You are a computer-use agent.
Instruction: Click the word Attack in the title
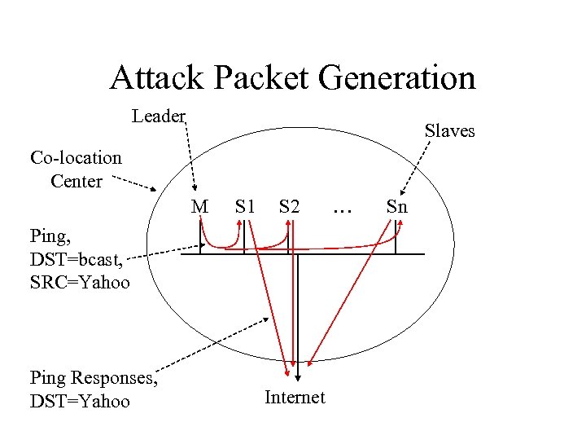coord(150,77)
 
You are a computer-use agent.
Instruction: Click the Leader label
coord(159,117)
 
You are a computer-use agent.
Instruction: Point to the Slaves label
coord(449,130)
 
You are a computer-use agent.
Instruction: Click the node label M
coord(199,207)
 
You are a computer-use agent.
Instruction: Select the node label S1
coord(245,207)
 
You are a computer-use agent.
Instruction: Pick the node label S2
coord(289,207)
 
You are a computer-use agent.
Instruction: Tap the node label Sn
coord(396,207)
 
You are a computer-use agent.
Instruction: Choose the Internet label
coord(295,398)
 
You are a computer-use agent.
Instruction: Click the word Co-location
coord(76,157)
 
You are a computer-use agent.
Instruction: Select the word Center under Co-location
coord(76,181)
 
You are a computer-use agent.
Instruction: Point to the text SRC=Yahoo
coord(79,283)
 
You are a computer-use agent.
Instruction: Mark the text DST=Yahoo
coord(79,401)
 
